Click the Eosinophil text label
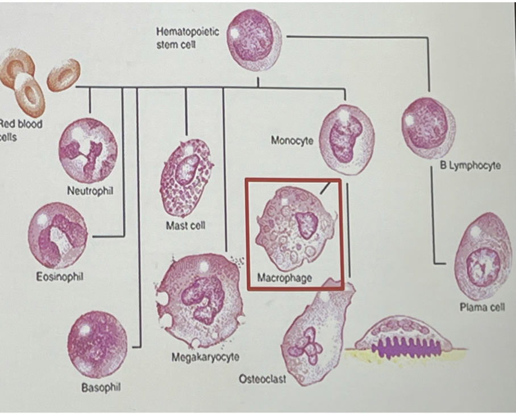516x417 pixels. tap(57, 277)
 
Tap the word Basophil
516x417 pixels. tap(101, 387)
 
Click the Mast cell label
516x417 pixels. tap(186, 226)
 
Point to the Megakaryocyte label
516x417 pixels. tap(205, 357)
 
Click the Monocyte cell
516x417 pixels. tap(346, 139)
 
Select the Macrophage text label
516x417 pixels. tap(285, 278)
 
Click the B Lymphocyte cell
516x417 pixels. tap(428, 127)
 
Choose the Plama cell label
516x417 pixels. tap(482, 308)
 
